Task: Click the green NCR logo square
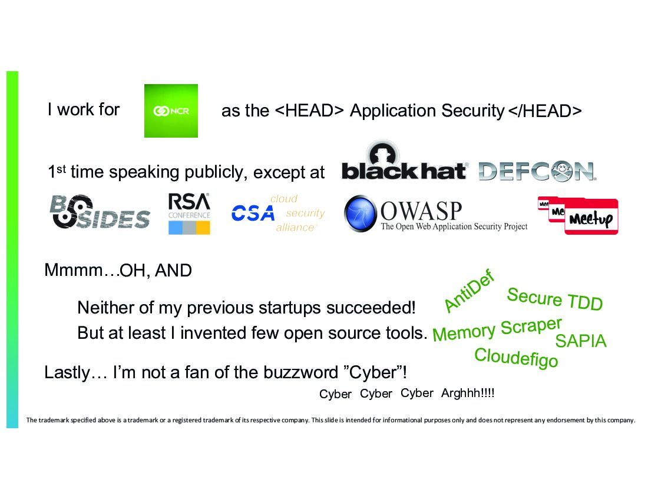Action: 171,111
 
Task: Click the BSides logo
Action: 100,212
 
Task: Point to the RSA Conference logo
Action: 189,214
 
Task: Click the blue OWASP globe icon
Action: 361,213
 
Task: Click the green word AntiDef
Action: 469,290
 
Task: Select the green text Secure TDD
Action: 554,299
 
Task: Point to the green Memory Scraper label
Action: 497,329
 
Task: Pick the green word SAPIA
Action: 580,341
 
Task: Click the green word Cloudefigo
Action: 515,357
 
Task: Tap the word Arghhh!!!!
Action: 468,393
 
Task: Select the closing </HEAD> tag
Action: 545,111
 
